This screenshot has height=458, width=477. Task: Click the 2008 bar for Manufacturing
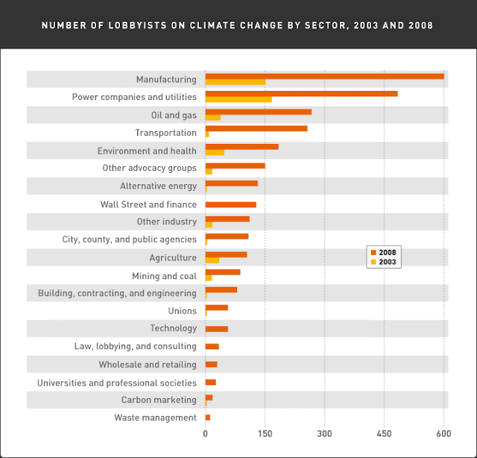pyautogui.click(x=324, y=76)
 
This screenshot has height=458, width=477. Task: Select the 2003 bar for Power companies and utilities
pyautogui.click(x=238, y=99)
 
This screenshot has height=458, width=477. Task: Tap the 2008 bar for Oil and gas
pyautogui.click(x=258, y=112)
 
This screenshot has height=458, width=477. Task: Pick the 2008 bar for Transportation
pyautogui.click(x=256, y=129)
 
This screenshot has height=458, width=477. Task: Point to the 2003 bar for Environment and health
pyautogui.click(x=215, y=153)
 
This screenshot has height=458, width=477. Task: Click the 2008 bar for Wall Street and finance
pyautogui.click(x=230, y=204)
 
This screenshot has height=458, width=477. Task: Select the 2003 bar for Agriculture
pyautogui.click(x=212, y=260)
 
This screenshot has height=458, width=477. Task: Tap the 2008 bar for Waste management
pyautogui.click(x=208, y=418)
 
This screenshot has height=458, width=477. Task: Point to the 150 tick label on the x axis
pyautogui.click(x=265, y=433)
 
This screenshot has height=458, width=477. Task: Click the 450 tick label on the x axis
pyautogui.click(x=384, y=433)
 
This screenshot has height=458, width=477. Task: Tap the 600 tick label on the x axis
pyautogui.click(x=443, y=433)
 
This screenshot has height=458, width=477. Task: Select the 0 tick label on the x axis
pyautogui.click(x=206, y=433)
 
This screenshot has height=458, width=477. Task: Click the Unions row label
pyautogui.click(x=183, y=311)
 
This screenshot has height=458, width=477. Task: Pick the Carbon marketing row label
pyautogui.click(x=159, y=401)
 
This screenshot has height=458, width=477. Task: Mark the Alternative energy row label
pyautogui.click(x=158, y=186)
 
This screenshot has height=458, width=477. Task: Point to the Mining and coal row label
pyautogui.click(x=164, y=276)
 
